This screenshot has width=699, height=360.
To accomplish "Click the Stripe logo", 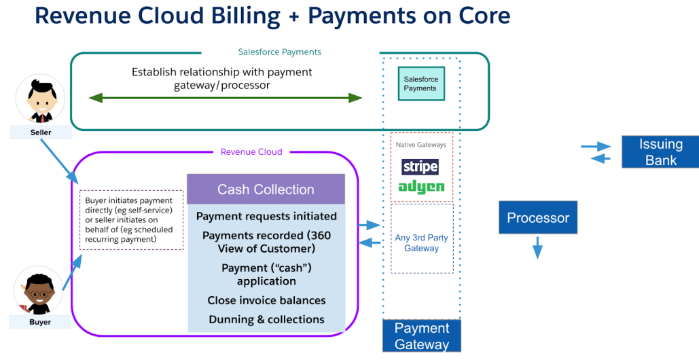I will pos(420,166).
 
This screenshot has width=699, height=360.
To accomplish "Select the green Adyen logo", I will pos(421,186).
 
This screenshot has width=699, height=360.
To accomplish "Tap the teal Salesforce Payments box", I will pos(420,84).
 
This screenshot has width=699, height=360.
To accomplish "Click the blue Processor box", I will pos(538,218).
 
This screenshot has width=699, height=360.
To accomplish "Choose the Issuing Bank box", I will pos(660,152).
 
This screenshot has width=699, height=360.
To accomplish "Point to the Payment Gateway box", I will pos(422,336).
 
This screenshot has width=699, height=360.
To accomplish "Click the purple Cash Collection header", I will pos(266,190).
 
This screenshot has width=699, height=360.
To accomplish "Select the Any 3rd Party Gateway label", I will pos(421,243).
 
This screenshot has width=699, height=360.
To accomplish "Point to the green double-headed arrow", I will pos(226,98).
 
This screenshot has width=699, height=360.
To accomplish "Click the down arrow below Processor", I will pos(537,247).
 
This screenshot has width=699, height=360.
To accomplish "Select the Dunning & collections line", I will pos(266,319).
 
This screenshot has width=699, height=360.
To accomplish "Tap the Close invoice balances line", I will pos(266,300).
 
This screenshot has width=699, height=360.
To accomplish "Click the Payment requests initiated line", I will pos(266,216).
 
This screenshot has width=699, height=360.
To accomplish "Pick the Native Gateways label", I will pos(421,145).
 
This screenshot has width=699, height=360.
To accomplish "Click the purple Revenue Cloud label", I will pos(251,152).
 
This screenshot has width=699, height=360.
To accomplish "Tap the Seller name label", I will pos(41,132).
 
